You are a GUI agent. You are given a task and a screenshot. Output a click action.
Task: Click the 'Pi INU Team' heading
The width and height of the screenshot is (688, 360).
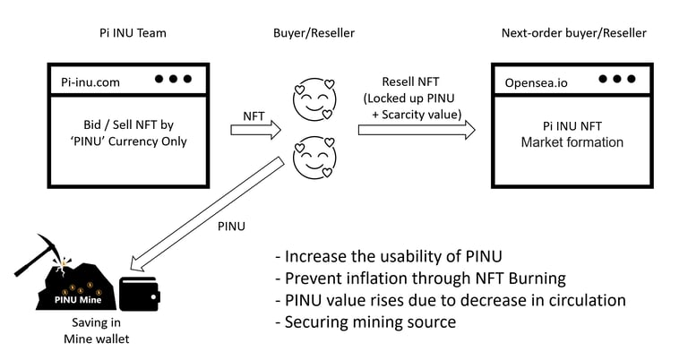(133, 33)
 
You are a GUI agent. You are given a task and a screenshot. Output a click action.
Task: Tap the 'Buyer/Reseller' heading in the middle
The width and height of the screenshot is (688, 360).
(314, 33)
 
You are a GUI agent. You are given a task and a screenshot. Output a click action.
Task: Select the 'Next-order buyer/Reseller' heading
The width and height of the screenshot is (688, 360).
(574, 33)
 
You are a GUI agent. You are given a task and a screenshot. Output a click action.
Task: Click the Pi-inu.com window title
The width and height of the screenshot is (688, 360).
(90, 82)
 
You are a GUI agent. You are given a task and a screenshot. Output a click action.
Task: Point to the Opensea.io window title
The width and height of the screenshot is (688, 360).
(537, 83)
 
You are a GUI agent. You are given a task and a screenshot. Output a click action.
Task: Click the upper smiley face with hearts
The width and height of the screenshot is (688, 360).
(314, 99)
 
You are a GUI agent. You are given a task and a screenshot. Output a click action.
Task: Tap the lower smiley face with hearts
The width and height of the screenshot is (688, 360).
(314, 157)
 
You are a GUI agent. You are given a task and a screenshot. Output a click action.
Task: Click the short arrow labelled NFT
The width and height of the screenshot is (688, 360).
(256, 130)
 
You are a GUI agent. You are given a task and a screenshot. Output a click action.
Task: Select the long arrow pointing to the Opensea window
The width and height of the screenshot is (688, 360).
(417, 130)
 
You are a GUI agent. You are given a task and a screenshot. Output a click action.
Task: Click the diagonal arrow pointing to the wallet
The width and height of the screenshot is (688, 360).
(207, 215)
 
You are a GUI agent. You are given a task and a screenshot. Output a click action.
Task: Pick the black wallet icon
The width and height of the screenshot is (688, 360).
(140, 294)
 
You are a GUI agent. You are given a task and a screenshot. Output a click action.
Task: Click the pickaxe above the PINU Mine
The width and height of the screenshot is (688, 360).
(41, 254)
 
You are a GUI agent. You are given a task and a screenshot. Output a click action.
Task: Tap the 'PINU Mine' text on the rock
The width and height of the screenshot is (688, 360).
(78, 300)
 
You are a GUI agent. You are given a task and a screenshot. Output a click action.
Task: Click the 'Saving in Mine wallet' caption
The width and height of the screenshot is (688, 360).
(97, 330)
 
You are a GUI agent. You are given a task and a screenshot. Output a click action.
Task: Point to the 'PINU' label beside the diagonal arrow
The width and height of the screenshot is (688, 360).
(231, 227)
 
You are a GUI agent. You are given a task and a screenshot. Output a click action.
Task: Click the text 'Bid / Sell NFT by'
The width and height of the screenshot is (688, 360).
(129, 124)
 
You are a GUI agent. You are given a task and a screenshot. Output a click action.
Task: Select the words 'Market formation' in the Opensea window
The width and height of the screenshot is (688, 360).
(572, 142)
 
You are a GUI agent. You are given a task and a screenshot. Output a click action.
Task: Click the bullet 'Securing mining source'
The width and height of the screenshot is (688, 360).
(365, 321)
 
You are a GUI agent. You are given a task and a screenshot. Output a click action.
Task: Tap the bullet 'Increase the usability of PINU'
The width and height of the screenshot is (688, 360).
(389, 256)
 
